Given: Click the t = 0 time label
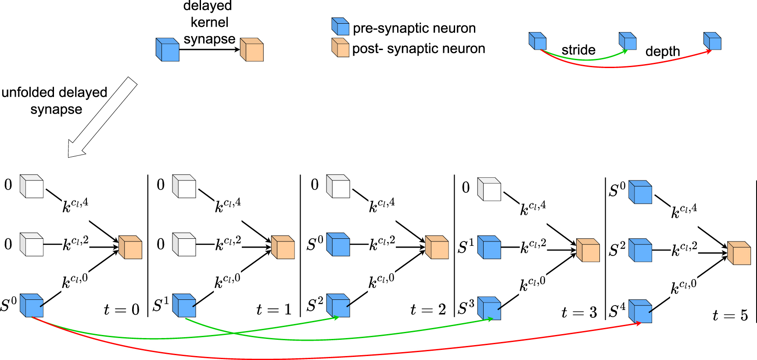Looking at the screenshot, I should pos(122,310).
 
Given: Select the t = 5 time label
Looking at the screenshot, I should pos(730,315).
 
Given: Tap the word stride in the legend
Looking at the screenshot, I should pos(578,50).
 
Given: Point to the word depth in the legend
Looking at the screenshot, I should pos(662,51).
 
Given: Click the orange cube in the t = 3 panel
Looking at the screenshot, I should pos(588,250).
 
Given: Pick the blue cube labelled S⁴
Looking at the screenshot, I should pos(640,311).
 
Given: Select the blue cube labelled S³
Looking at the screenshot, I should pos(489,308).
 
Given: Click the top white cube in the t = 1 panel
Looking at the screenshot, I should pos(184,187).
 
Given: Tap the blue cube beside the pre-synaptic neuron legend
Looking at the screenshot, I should pos(340,26).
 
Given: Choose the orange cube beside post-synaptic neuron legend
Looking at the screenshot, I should pos(340,47).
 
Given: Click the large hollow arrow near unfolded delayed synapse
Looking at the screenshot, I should pos(102,118).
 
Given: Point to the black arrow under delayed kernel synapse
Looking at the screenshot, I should pos(209,50).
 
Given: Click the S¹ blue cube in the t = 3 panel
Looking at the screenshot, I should pos(489,247).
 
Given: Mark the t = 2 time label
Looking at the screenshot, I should pos(428,310).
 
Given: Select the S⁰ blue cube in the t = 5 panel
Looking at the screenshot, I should pos(640,192).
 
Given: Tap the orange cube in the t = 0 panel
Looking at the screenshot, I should pos(130,247).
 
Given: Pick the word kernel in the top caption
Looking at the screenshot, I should pos(209,22).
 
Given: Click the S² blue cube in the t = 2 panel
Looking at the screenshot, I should pos(338,306).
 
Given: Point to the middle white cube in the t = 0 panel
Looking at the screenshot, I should pos(32,245).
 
